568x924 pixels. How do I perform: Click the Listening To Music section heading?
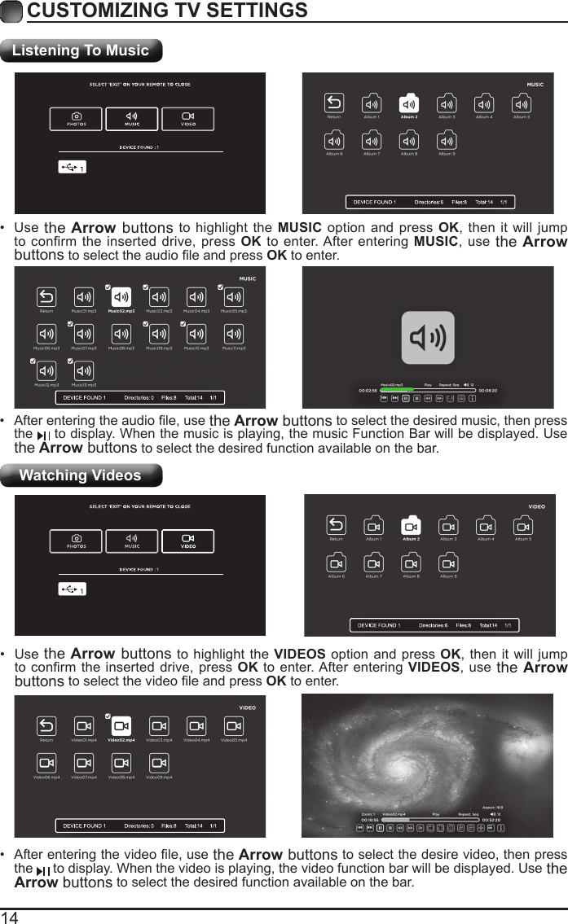point(81,50)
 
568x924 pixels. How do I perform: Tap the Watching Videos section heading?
point(80,475)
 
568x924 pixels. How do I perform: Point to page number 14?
point(10,917)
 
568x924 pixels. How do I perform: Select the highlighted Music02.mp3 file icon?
point(121,297)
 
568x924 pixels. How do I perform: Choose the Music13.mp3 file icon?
point(84,371)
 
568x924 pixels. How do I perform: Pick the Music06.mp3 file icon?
point(46,334)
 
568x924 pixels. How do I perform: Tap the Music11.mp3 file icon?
point(234,334)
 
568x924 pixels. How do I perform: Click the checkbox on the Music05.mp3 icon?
point(221,287)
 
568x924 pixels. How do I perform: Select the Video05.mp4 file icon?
point(234,726)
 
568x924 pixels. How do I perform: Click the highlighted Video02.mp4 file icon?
point(121,726)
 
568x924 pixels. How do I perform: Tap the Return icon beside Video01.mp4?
point(46,726)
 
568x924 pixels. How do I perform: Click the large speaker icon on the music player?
point(428,337)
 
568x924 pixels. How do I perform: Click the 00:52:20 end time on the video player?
point(492,820)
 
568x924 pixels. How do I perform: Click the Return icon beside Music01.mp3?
point(46,297)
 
